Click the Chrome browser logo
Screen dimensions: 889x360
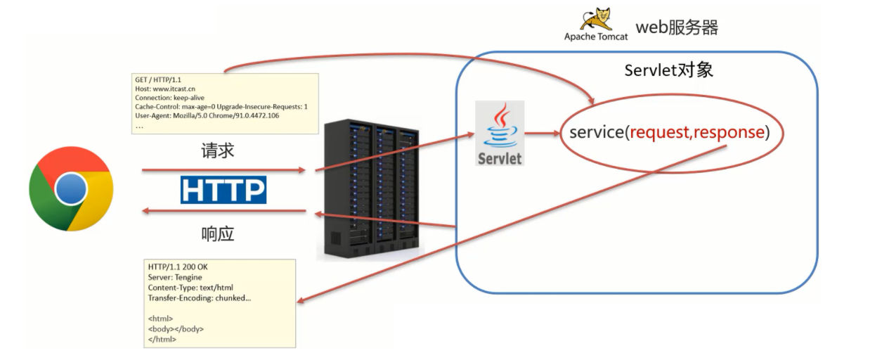[72, 189]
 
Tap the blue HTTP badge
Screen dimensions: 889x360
[223, 190]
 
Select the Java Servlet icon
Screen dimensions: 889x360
[500, 133]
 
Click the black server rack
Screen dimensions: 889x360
[372, 189]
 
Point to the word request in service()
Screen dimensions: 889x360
[660, 132]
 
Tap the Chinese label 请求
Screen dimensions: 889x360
[217, 151]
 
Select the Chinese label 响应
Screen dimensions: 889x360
[217, 234]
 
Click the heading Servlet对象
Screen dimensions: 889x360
[669, 70]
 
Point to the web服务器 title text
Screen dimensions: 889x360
[677, 27]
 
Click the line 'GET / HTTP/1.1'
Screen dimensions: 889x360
[158, 79]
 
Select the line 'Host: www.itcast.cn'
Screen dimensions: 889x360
[165, 89]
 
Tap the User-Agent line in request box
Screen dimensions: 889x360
[207, 116]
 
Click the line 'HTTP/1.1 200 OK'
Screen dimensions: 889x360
[178, 266]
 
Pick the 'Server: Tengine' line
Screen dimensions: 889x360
[175, 277]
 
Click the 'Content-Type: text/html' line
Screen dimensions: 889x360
[190, 288]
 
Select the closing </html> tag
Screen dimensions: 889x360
[162, 340]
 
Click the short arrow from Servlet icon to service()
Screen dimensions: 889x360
[542, 134]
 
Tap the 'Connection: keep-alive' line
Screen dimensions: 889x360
[170, 98]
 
